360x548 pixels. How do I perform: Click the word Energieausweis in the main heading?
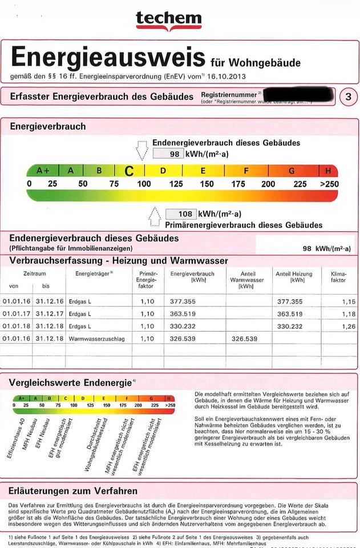pyautogui.click(x=108, y=58)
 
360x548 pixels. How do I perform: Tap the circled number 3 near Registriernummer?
pyautogui.click(x=348, y=97)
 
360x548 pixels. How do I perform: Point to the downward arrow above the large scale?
pyautogui.click(x=142, y=151)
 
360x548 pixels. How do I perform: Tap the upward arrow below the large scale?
pyautogui.click(x=155, y=217)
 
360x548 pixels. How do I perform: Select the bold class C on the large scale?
pyautogui.click(x=130, y=171)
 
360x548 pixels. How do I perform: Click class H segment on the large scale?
pyautogui.click(x=328, y=171)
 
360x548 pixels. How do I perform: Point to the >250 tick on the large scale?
pyautogui.click(x=329, y=184)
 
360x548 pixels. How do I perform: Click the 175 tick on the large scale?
pyautogui.click(x=238, y=184)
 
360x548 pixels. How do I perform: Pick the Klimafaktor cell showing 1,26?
pyautogui.click(x=340, y=326)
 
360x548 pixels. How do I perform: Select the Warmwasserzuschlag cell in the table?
pyautogui.click(x=93, y=339)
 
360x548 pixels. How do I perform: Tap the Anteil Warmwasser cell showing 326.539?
pyautogui.click(x=244, y=339)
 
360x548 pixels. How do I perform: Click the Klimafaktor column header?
pyautogui.click(x=338, y=277)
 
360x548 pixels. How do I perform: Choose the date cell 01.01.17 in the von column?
pyautogui.click(x=14, y=313)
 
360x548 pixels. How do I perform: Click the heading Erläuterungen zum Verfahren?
pyautogui.click(x=74, y=490)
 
